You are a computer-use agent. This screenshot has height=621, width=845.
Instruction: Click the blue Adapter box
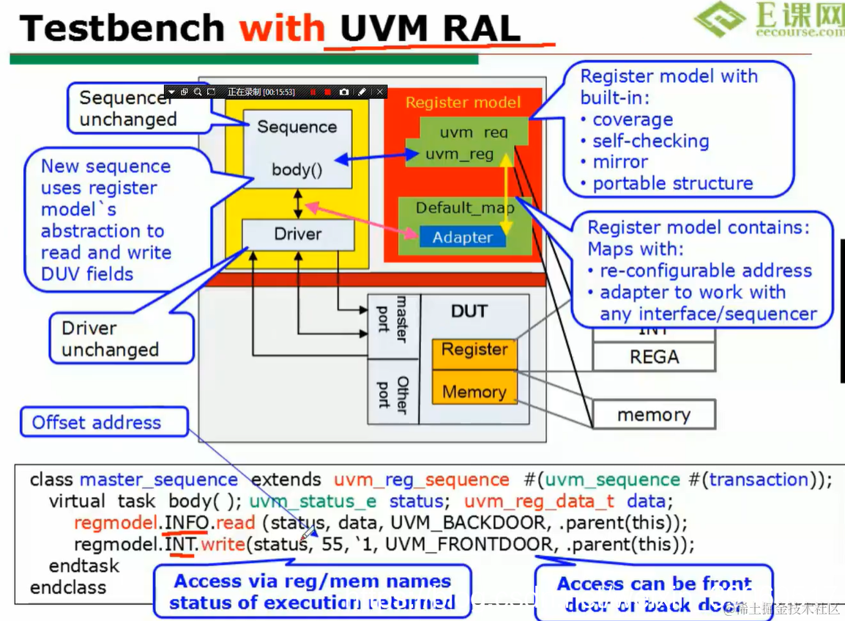pyautogui.click(x=462, y=238)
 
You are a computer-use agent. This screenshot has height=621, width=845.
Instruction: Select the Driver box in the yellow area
pyautogui.click(x=298, y=235)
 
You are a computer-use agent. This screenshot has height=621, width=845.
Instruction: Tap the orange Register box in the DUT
pyautogui.click(x=474, y=350)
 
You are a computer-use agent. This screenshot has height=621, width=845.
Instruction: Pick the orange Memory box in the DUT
pyautogui.click(x=474, y=392)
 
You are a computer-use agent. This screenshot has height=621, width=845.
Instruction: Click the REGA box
pyautogui.click(x=654, y=357)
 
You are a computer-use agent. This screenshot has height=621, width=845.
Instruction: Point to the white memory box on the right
pyautogui.click(x=653, y=415)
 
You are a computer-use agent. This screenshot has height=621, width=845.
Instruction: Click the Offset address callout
pyautogui.click(x=97, y=423)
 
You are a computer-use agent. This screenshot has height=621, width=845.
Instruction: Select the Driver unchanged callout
pyautogui.click(x=110, y=339)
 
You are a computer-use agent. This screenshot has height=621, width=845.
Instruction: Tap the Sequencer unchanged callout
pyautogui.click(x=127, y=109)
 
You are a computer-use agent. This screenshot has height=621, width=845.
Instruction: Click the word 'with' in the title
pyautogui.click(x=282, y=29)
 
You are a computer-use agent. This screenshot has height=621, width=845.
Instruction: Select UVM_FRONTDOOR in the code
pyautogui.click(x=469, y=545)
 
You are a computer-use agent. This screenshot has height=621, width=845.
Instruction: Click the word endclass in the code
pyautogui.click(x=68, y=588)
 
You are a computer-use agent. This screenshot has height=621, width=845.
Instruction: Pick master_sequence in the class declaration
pyautogui.click(x=159, y=480)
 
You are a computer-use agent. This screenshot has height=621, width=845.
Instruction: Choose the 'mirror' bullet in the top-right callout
pyautogui.click(x=619, y=162)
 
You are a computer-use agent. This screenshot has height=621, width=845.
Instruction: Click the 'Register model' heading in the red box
pyautogui.click(x=463, y=103)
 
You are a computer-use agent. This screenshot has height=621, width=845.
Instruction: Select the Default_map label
pyautogui.click(x=464, y=208)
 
